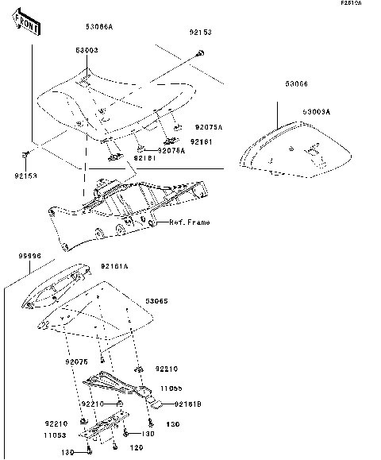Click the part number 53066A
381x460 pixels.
click(x=99, y=27)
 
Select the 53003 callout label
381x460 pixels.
click(x=87, y=50)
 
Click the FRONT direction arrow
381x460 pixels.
click(x=27, y=25)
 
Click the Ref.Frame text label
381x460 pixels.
click(x=189, y=222)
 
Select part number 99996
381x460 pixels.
click(x=30, y=257)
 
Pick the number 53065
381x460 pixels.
click(x=156, y=303)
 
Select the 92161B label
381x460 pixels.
click(x=188, y=404)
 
